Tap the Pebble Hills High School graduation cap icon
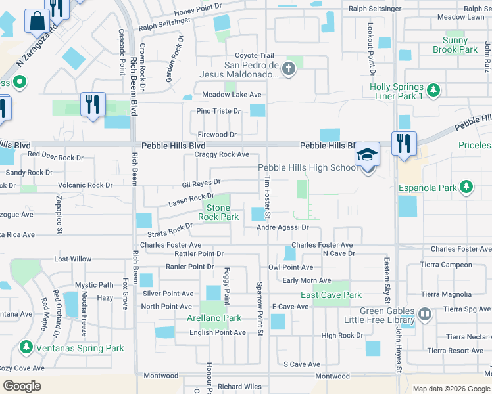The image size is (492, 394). pos(368,154)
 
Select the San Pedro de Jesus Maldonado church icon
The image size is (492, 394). pos(288,68)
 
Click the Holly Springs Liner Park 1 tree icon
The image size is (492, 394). pos(433,89)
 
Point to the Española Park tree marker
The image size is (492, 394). pos(466,187)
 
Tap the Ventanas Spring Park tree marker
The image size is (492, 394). pos(27,346)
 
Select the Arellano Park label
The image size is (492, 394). pos(215,318)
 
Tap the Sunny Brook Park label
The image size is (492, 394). pos(455,45)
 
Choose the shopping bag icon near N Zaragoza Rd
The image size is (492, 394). pos(36,20)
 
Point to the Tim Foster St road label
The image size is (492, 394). pos(268,196)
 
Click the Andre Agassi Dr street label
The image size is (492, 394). pos(282,227)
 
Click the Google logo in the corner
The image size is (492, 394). pos(22,385)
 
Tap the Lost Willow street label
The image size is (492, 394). pos(72,259)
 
